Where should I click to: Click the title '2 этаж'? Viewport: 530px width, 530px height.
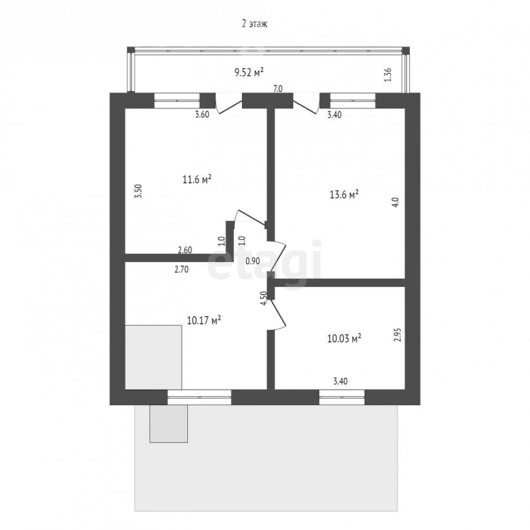(x=254, y=24)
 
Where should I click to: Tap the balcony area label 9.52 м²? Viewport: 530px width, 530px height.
(x=249, y=72)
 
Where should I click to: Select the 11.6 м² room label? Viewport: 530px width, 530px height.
(x=197, y=179)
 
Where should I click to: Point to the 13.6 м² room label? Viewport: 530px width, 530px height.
(x=344, y=195)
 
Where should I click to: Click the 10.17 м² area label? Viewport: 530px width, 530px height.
(x=204, y=320)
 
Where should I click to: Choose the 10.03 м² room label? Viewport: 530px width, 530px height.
(x=344, y=339)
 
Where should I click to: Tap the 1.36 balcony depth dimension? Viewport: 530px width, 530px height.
(x=388, y=75)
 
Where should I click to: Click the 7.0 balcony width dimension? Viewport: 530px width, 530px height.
(x=277, y=89)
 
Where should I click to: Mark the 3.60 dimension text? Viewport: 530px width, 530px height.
(x=202, y=115)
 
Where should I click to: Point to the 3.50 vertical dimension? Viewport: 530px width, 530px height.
(x=138, y=191)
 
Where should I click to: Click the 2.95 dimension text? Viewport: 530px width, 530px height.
(x=397, y=334)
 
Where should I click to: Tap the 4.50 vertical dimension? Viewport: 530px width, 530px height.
(x=264, y=298)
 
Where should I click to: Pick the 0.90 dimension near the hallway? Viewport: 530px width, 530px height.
(x=253, y=261)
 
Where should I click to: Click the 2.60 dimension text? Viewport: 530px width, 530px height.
(x=185, y=250)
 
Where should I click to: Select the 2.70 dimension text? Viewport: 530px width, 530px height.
(x=181, y=269)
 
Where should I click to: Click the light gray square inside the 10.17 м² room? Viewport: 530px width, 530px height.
(x=154, y=357)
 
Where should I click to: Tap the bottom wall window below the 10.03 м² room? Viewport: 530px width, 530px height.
(x=342, y=397)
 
